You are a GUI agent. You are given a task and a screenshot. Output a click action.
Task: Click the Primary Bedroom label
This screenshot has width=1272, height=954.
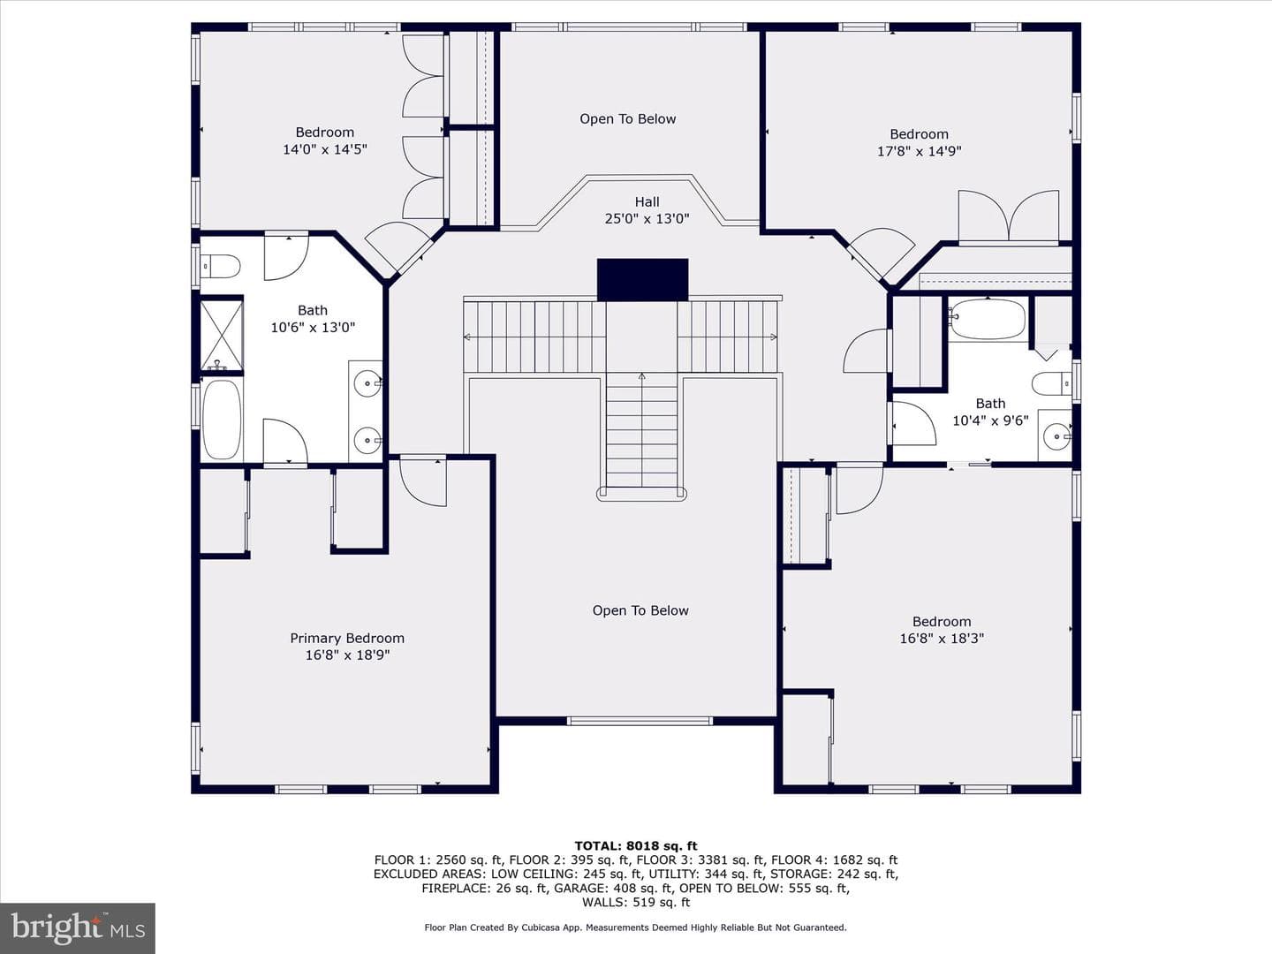347,639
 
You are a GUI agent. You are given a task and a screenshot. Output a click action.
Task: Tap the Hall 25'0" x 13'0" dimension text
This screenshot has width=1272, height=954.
647,218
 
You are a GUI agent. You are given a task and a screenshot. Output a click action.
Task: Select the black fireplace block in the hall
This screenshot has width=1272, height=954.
643,280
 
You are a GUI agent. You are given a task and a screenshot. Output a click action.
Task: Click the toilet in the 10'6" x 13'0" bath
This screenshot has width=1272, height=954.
220,267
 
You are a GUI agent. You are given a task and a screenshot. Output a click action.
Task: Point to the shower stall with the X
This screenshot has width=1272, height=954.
222,335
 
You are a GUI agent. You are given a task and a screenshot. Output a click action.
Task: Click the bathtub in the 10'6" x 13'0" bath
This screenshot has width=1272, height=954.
222,420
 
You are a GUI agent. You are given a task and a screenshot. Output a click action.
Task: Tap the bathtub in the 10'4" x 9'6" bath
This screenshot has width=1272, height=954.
987,319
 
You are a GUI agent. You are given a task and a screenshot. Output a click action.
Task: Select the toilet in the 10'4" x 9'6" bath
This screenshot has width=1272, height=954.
1052,383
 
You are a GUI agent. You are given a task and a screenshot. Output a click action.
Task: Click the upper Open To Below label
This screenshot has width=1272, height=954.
627,118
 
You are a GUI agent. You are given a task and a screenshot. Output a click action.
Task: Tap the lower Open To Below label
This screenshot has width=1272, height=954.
640,610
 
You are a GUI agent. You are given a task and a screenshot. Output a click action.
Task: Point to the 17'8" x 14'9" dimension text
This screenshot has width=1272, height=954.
919,151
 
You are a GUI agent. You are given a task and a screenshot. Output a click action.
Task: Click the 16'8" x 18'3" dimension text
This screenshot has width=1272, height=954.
942,639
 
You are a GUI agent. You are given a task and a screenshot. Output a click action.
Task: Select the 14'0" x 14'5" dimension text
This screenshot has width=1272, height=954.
324,149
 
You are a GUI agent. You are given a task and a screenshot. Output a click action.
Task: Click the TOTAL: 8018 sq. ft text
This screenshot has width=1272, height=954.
636,846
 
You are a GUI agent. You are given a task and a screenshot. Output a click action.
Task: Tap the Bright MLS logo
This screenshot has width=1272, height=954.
78,928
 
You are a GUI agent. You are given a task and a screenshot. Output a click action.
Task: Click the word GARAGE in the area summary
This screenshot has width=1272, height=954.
579,888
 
